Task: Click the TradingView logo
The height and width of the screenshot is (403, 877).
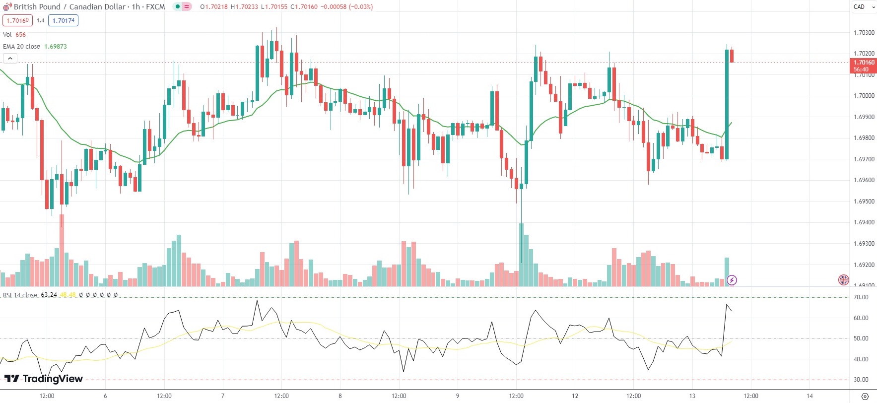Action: point(44,379)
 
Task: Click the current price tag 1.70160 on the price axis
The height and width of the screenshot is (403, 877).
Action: point(864,66)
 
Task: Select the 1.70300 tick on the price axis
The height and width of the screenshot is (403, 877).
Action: point(864,33)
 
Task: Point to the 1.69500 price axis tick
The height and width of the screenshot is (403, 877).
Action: point(864,201)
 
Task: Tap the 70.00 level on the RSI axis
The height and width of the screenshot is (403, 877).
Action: point(861,297)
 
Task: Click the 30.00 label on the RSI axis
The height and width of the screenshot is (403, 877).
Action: point(861,380)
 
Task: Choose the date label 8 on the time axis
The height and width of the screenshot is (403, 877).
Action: point(340,396)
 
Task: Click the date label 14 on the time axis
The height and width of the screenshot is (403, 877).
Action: point(810,396)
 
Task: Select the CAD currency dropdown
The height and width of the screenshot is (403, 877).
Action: point(864,7)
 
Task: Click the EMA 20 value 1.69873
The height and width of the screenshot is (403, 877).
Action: point(56,47)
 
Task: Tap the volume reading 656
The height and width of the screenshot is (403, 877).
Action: point(20,35)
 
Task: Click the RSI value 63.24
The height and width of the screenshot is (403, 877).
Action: point(49,295)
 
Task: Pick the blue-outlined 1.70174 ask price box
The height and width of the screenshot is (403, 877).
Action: point(64,20)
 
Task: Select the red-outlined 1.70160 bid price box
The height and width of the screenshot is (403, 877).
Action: point(17,20)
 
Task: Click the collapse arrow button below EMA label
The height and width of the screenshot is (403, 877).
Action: point(10,59)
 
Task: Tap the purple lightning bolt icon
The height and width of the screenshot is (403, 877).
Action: point(732,280)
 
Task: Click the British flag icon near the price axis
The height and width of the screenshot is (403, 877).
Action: point(843,280)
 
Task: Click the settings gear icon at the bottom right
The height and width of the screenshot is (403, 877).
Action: point(865,396)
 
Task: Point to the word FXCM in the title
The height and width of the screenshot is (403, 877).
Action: point(155,7)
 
